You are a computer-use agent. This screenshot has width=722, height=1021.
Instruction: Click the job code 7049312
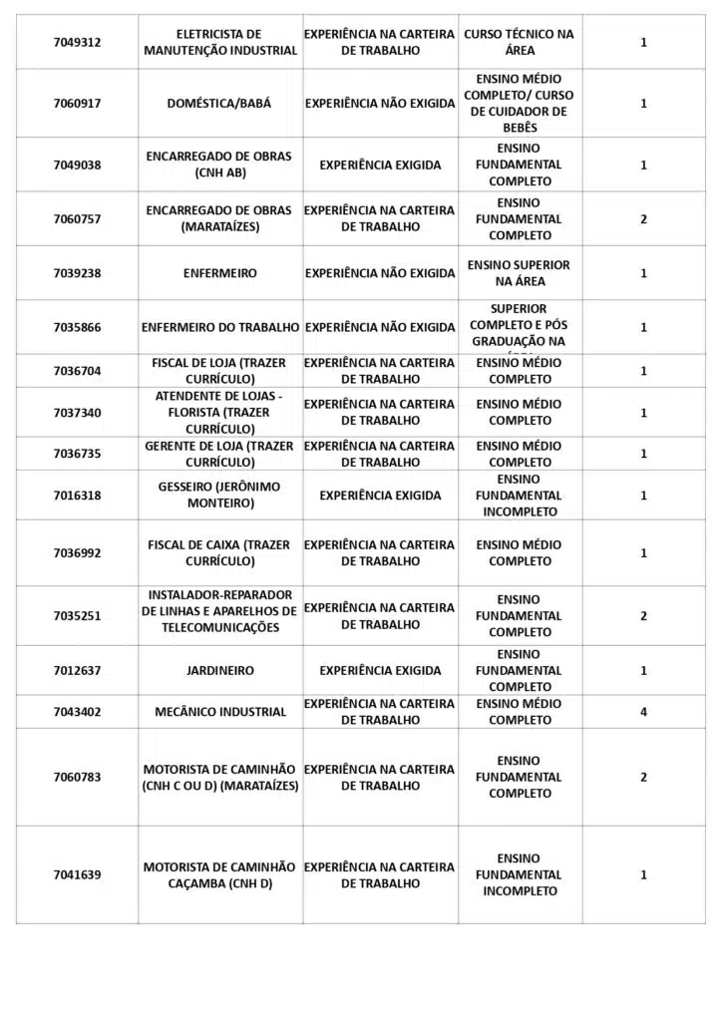[x=77, y=42]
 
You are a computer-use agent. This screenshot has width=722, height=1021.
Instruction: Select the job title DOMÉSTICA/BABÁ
[x=219, y=103]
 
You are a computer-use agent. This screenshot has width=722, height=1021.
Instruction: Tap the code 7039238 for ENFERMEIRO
[x=77, y=273]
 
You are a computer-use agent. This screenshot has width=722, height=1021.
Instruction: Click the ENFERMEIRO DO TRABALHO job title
[x=220, y=327]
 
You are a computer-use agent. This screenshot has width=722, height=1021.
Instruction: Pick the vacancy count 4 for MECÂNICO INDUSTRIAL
[x=643, y=712]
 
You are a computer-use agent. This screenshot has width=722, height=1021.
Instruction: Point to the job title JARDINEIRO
[x=219, y=671]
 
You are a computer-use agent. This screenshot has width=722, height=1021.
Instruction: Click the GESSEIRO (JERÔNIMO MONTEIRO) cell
[x=219, y=495]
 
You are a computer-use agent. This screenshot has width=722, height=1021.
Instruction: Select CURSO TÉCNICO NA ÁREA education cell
[x=520, y=42]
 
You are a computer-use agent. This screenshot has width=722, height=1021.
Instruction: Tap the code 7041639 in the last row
[x=77, y=875]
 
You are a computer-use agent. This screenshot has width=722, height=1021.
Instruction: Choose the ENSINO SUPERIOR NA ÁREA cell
[x=520, y=273]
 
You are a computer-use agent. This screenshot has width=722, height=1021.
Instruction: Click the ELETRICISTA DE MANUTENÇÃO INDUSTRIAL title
[x=220, y=42]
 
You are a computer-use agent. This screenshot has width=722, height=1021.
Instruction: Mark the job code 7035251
[x=77, y=616]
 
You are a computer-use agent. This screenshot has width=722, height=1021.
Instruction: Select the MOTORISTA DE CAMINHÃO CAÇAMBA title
[x=219, y=875]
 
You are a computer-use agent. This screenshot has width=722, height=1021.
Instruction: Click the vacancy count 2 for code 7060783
[x=643, y=778]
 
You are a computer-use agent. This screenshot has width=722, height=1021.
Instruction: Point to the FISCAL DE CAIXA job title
[x=219, y=552]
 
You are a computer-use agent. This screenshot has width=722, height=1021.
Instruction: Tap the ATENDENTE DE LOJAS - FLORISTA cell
[x=219, y=412]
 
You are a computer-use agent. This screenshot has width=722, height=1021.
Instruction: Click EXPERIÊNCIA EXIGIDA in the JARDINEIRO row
[x=380, y=671]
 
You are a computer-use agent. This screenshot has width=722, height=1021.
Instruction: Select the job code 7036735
[x=77, y=454]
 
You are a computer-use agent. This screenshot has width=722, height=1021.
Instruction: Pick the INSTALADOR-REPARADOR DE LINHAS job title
[x=219, y=611]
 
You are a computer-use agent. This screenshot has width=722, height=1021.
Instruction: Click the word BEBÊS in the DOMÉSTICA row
[x=520, y=128]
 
